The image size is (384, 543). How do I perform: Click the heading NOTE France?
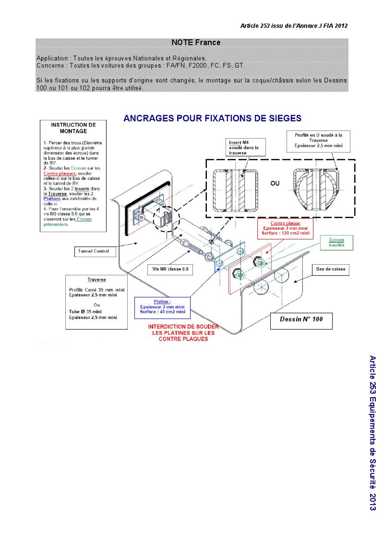point(195,43)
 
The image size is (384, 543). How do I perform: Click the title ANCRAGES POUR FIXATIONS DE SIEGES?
point(212,118)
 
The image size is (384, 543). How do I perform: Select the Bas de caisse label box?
point(331,270)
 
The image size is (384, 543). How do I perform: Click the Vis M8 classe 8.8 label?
point(170,269)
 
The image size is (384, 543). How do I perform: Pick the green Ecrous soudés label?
point(336,242)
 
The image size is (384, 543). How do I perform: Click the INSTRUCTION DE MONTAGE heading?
point(73,128)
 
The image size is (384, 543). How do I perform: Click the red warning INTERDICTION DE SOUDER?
point(183,332)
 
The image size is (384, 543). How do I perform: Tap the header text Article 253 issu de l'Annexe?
point(294,26)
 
